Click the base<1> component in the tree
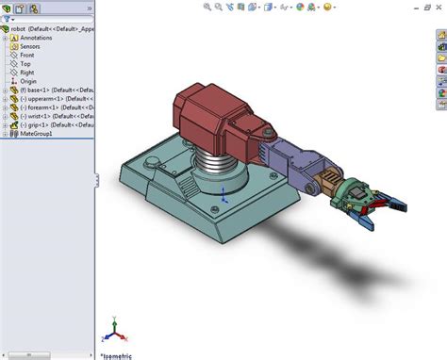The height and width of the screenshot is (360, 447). point(57,90)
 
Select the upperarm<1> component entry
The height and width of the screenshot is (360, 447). point(57,98)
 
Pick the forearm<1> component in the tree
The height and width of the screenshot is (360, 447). point(57,106)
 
